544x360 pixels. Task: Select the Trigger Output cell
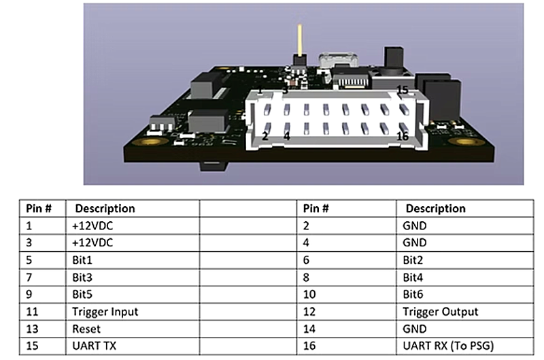[440, 312]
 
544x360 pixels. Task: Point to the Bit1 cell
[82, 260]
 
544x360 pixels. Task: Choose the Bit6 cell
[413, 294]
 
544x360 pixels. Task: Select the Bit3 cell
[82, 277]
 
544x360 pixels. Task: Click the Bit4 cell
[413, 277]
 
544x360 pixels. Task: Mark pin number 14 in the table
[311, 329]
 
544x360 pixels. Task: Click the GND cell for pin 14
[414, 329]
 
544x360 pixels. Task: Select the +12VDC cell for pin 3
[92, 242]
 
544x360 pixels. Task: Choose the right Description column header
[435, 208]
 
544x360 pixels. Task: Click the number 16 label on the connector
[402, 137]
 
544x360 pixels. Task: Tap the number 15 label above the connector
[402, 90]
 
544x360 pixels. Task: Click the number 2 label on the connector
[265, 135]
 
